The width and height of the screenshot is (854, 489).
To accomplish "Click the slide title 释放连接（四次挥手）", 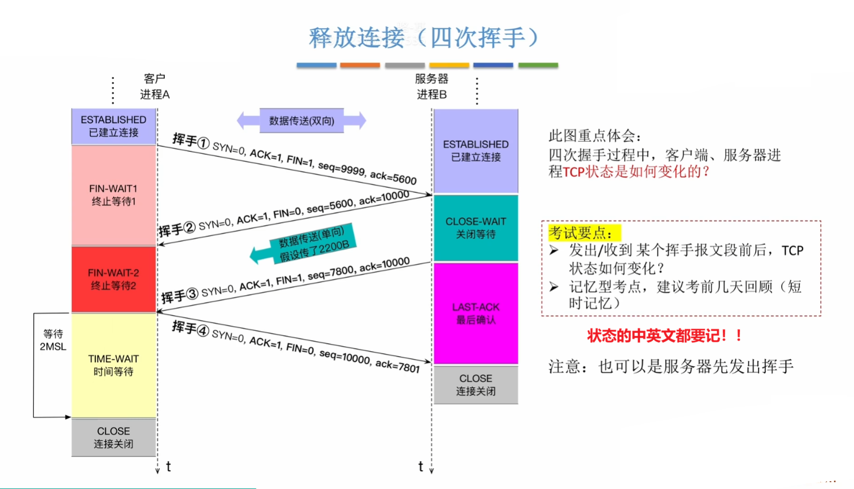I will click(x=423, y=38).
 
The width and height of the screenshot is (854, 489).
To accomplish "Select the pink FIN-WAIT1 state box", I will click(x=114, y=195).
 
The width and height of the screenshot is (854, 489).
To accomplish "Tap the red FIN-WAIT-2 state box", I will click(x=114, y=279).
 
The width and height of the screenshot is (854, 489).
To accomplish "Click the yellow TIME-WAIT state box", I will click(x=114, y=365).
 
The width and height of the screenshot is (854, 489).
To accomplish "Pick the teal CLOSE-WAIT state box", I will click(x=476, y=228).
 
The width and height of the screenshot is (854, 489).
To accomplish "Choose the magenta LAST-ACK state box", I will click(x=476, y=313).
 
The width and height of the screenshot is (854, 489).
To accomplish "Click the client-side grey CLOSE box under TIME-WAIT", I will click(x=114, y=437).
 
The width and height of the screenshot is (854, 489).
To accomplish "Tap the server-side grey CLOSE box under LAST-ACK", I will click(x=476, y=385).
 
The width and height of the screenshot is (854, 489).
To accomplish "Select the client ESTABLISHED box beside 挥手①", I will click(x=114, y=126).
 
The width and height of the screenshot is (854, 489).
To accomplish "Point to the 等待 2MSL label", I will click(x=53, y=340).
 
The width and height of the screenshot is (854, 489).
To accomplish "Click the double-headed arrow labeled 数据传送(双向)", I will click(x=301, y=121).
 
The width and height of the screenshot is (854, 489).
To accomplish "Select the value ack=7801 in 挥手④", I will click(x=397, y=365).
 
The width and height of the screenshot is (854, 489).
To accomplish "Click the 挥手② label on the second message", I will click(x=176, y=229).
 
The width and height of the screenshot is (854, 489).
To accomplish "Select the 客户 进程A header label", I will click(x=154, y=87).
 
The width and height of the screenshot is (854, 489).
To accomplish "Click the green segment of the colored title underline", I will click(x=538, y=66).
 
